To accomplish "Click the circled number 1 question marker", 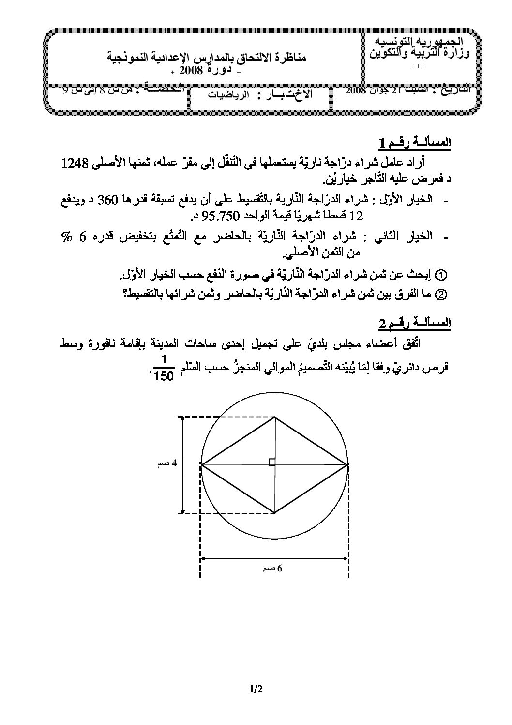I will coord(441,275).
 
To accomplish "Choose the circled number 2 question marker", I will coord(441,293).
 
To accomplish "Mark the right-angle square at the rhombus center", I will coord(272,462).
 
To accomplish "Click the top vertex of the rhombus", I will coord(275,417).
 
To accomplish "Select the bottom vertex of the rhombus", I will coord(275,513).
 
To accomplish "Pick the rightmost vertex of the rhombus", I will coord(348,465).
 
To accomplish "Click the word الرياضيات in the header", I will coord(226,95).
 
